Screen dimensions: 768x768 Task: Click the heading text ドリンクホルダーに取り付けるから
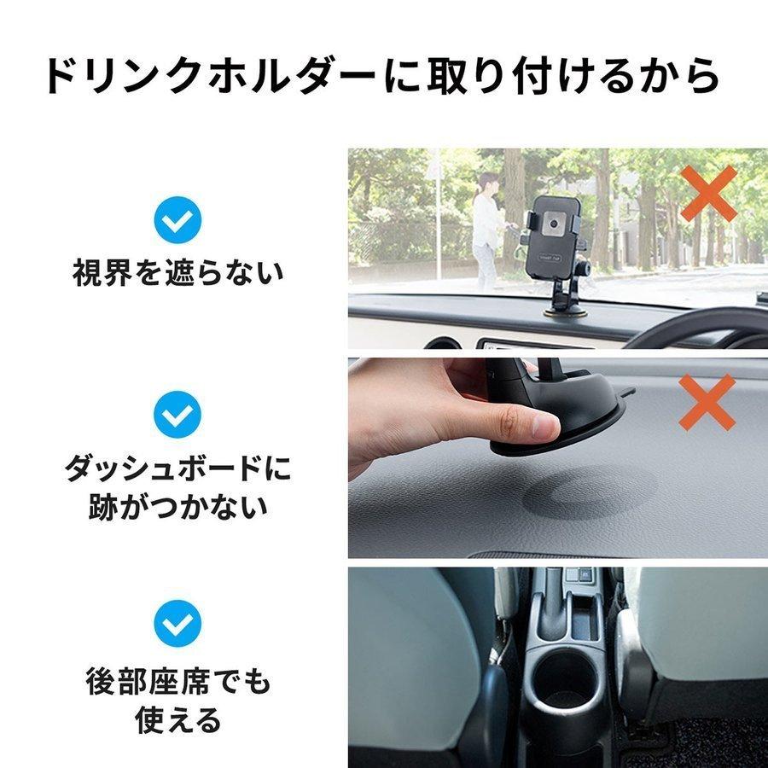(x=383, y=77)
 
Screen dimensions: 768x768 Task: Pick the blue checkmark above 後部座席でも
(x=177, y=622)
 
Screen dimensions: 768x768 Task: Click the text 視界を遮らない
(x=177, y=274)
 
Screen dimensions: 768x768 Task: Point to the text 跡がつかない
(x=177, y=507)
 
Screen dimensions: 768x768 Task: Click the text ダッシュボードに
(x=177, y=468)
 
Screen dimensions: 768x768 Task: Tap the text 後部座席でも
(x=177, y=682)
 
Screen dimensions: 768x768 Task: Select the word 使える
(x=177, y=719)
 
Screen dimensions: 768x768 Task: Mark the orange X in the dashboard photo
(x=707, y=401)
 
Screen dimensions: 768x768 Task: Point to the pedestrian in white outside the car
(x=487, y=226)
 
